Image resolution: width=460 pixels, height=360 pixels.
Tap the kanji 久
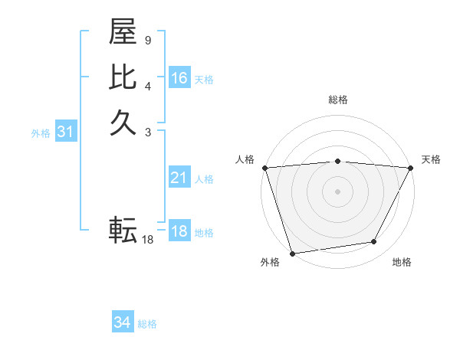pos(123,123)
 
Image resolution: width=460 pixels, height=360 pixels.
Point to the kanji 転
pos(123,229)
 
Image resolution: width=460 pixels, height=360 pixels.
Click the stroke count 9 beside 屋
pos(148,39)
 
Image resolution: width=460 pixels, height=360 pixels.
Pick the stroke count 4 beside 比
pos(148,84)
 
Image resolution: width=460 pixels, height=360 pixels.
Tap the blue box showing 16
pos(179,78)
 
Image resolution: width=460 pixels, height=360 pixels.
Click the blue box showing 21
pos(179,178)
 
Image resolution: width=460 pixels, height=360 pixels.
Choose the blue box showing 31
pos(66,132)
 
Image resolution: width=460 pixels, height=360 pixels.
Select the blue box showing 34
pos(122,322)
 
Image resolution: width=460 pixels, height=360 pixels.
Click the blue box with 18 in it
pos(179,232)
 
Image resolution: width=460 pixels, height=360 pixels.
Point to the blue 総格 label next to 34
pos(147,324)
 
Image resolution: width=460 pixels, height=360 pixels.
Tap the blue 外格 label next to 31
pos(41,133)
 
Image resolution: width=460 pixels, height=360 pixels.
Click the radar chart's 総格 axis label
pos(337,100)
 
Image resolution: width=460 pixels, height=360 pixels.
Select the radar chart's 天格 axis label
pos(432,159)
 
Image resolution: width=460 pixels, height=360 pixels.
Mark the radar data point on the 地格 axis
pos(374,242)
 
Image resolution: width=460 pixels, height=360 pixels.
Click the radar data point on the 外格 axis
pos(292,253)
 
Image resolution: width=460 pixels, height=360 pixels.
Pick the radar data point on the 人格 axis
pos(264,168)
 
